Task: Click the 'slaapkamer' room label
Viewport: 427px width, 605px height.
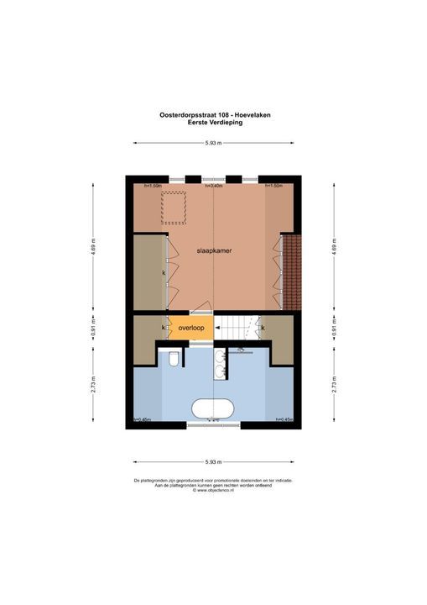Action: pyautogui.click(x=214, y=250)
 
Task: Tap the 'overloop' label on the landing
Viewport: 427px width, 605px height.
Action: pyautogui.click(x=190, y=327)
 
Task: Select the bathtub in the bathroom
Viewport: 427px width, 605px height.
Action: pyautogui.click(x=213, y=409)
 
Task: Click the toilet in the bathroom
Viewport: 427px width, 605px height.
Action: pyautogui.click(x=173, y=360)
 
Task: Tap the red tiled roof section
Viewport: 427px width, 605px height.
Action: pyautogui.click(x=291, y=271)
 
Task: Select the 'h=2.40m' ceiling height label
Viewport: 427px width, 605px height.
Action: pyautogui.click(x=213, y=186)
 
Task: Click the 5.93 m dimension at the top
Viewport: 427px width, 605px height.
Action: pyautogui.click(x=214, y=143)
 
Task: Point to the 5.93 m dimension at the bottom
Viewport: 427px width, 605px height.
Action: pyautogui.click(x=214, y=462)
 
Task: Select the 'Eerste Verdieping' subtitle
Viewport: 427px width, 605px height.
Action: pyautogui.click(x=214, y=123)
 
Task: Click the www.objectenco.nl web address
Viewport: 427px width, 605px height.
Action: pyautogui.click(x=214, y=490)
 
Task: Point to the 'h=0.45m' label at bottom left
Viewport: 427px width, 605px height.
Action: pyautogui.click(x=138, y=420)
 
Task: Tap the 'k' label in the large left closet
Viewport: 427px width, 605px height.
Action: pyautogui.click(x=164, y=273)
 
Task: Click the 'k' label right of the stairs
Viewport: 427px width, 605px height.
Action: pyautogui.click(x=263, y=327)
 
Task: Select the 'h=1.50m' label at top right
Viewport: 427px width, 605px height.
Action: pyautogui.click(x=274, y=186)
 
